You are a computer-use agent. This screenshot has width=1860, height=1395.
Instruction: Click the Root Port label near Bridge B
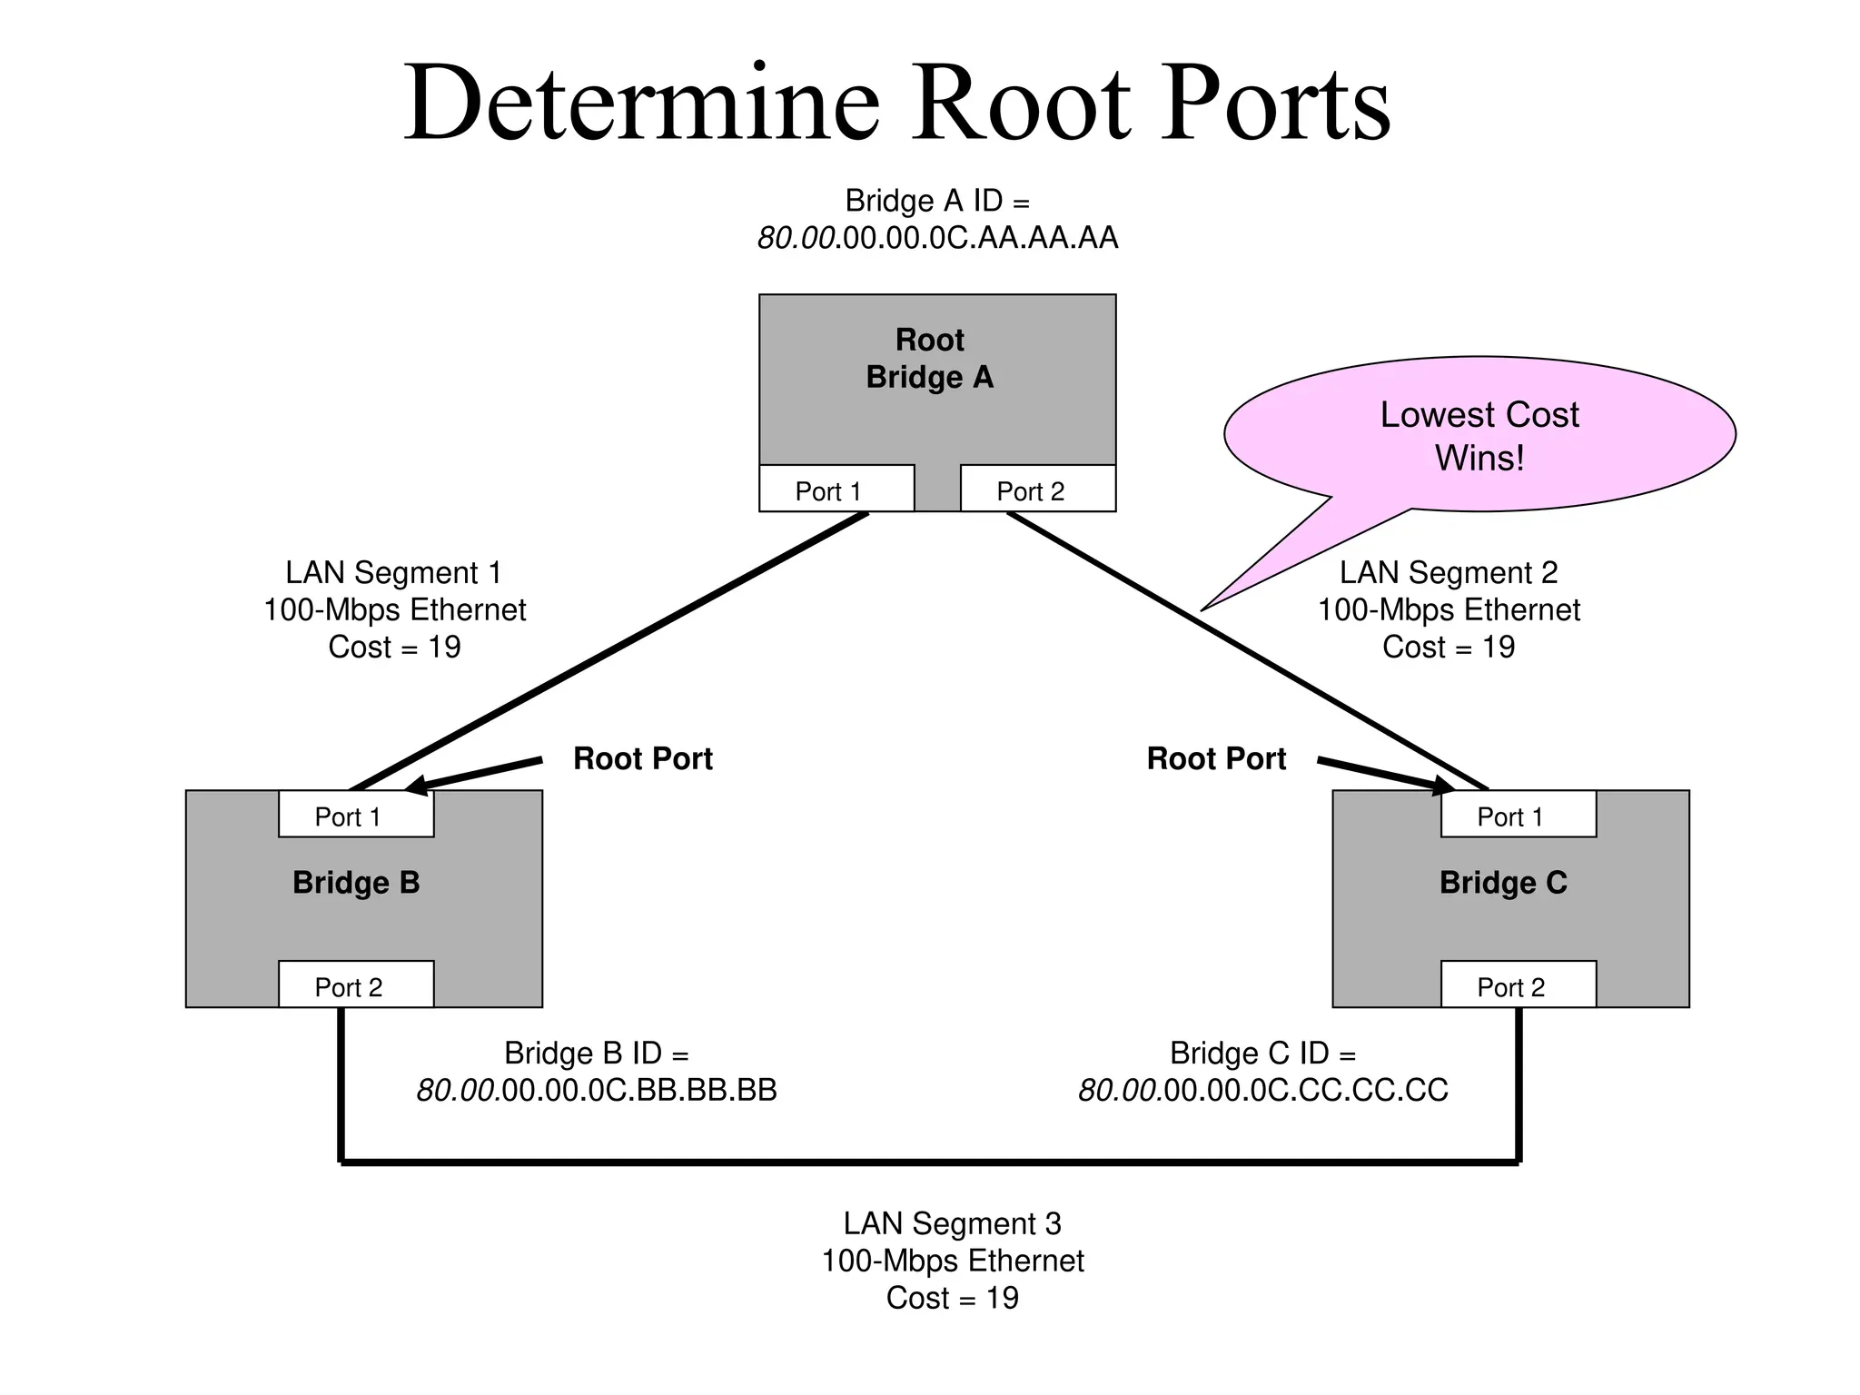(x=642, y=758)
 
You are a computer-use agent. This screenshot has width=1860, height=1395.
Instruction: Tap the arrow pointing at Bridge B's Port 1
(x=472, y=774)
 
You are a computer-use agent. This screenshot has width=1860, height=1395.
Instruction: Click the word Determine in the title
(x=641, y=102)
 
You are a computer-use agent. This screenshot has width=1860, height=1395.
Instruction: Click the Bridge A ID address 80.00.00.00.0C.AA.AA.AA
(x=937, y=238)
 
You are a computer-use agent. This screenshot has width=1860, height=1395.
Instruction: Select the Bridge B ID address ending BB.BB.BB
(x=597, y=1090)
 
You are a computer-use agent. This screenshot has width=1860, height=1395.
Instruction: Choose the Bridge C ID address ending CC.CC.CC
(x=1262, y=1090)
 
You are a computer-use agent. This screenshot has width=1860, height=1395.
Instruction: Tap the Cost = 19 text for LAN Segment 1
(x=394, y=647)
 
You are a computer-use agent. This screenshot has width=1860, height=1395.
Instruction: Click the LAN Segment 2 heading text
(x=1448, y=572)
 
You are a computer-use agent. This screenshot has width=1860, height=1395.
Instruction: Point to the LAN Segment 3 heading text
(x=952, y=1223)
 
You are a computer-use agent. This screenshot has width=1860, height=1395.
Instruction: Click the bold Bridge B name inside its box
(x=356, y=882)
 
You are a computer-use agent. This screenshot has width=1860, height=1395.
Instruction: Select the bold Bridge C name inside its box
(x=1503, y=882)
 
